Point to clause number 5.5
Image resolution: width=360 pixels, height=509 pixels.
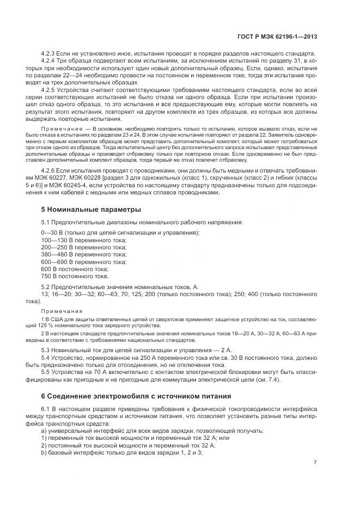[46, 372]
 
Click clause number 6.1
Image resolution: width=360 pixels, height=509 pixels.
[46, 408]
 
